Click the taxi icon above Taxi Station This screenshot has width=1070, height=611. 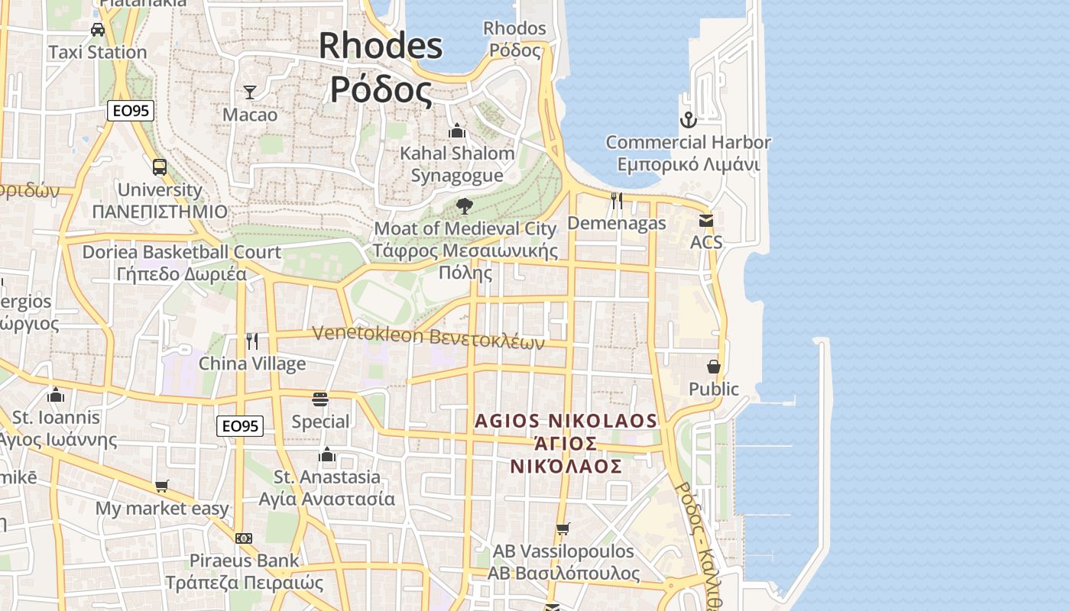point(98,30)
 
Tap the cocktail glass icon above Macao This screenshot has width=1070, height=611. point(250,92)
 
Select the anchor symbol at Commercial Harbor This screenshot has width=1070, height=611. point(688,120)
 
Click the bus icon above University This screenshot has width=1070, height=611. point(160,167)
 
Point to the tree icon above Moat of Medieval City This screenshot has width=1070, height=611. point(464,205)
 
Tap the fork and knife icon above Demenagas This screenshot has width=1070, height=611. point(617,201)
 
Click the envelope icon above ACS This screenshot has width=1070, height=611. point(705,220)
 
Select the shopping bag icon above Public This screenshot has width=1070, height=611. point(714,367)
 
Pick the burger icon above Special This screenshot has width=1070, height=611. point(320,399)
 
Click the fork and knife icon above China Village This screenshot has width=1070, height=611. point(252,341)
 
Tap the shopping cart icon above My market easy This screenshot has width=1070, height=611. point(162,486)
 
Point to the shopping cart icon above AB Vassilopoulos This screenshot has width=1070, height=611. point(563,529)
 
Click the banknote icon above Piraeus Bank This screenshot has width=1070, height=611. point(244,538)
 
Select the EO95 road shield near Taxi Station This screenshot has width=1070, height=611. point(131,111)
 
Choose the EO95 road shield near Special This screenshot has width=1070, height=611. point(240,426)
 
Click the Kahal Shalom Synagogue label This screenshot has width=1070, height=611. point(457,164)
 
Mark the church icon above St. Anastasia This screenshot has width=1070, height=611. point(327,455)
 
